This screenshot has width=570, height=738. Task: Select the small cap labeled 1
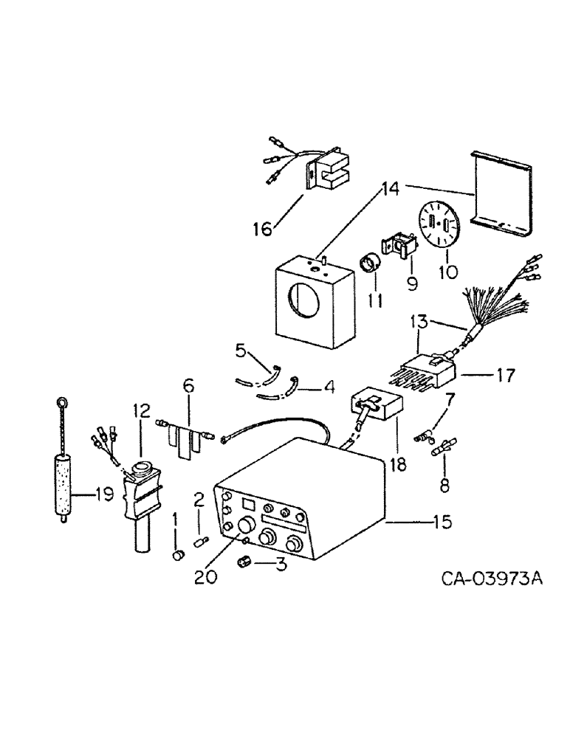178,555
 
